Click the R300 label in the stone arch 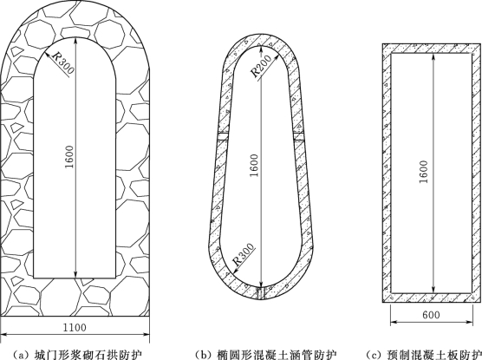click(64, 62)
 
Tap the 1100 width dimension click(75, 327)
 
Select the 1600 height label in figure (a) click(69, 157)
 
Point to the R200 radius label click(261, 66)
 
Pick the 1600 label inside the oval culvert click(255, 165)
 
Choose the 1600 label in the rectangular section click(424, 172)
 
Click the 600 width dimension click(431, 315)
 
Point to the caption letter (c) click(373, 355)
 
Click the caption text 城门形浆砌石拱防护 click(89, 355)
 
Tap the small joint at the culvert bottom click(261, 293)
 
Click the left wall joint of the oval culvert click(223, 136)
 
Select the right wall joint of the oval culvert click(299, 136)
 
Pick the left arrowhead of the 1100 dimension click(5, 335)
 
